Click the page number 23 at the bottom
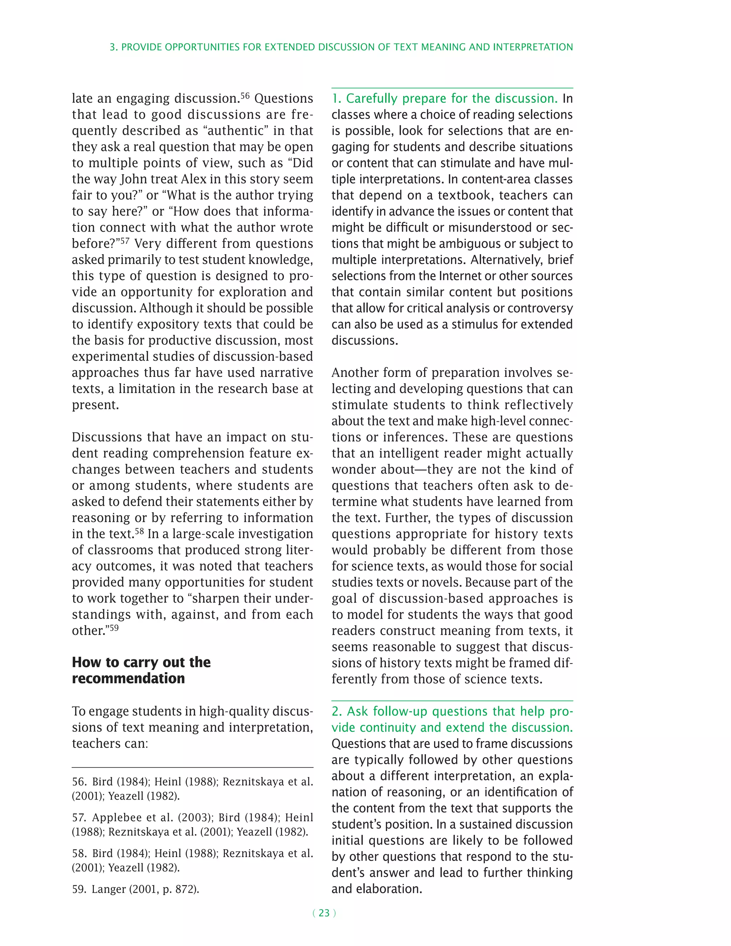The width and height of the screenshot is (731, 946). pyautogui.click(x=324, y=913)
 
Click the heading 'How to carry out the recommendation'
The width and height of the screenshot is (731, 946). pyautogui.click(x=141, y=670)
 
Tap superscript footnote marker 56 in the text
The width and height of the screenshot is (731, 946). pyautogui.click(x=245, y=95)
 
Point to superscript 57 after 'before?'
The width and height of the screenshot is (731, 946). pyautogui.click(x=125, y=240)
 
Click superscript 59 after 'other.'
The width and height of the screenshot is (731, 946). pyautogui.click(x=114, y=627)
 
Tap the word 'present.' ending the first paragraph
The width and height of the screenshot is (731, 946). pyautogui.click(x=95, y=405)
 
